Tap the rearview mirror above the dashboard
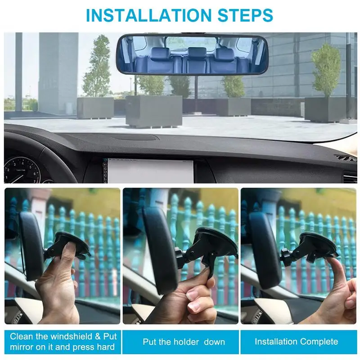coord(193,55)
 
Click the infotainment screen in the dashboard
coord(148,170)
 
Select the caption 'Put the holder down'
coord(184,342)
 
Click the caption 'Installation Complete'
coord(296,342)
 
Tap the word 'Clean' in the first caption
coord(21,336)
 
